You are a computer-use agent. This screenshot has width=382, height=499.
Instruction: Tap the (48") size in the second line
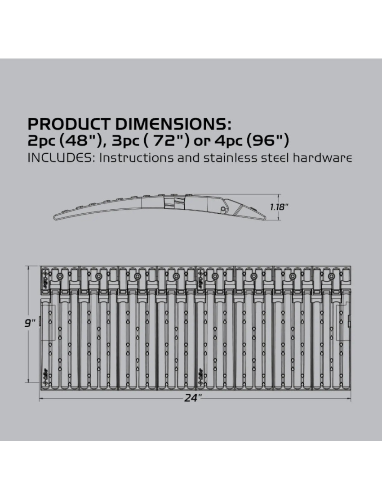tap(78, 141)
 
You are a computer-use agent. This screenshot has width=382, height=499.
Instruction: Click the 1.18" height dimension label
tap(279, 207)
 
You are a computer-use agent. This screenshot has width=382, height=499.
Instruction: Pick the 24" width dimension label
tap(193, 398)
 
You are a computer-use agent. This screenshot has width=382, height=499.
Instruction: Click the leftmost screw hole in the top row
tap(60, 276)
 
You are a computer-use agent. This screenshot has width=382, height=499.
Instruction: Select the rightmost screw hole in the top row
tap(331, 276)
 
